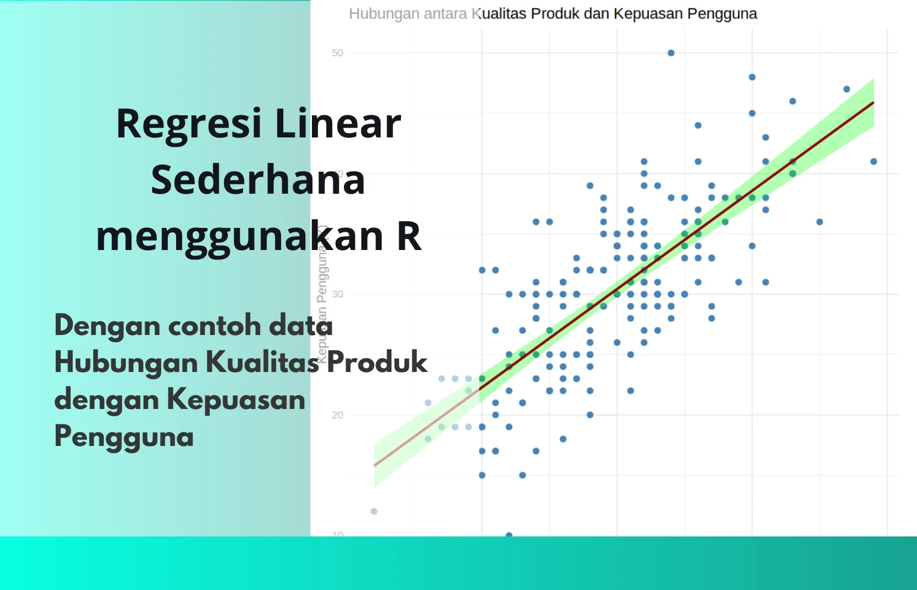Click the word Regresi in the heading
[188, 124]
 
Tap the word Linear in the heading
[338, 124]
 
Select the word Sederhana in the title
[258, 180]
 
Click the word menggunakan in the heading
[239, 236]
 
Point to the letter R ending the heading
[409, 236]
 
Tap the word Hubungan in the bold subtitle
[126, 363]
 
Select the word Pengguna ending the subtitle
[124, 437]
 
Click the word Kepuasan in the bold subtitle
[236, 399]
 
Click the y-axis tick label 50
[337, 53]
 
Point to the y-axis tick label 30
[337, 294]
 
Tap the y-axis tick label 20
[337, 415]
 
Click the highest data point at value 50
[671, 53]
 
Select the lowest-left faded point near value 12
[374, 511]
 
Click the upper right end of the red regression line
[873, 103]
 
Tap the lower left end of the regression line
[375, 465]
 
